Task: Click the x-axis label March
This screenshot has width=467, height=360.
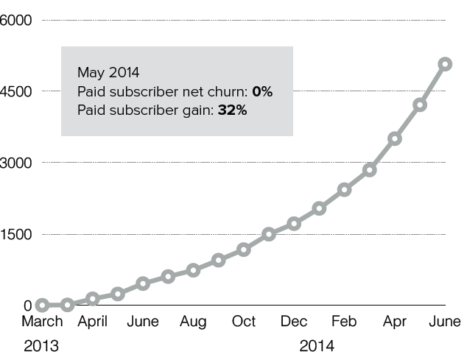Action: [42, 322]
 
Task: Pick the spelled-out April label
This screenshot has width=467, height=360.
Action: [93, 322]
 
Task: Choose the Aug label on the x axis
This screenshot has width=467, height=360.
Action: [193, 322]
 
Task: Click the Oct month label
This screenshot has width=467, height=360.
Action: [244, 322]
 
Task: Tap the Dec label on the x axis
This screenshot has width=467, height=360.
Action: [294, 322]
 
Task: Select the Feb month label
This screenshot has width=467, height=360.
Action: [344, 322]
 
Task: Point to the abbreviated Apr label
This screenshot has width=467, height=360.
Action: [395, 322]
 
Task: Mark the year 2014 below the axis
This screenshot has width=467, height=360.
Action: [317, 345]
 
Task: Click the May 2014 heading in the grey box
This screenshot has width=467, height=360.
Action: [108, 73]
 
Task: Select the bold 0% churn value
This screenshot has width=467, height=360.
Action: [262, 92]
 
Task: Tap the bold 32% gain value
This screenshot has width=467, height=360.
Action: [232, 110]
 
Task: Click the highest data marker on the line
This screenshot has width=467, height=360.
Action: [445, 64]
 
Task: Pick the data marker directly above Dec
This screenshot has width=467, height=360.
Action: [294, 223]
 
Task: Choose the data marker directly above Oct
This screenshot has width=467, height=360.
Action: [244, 250]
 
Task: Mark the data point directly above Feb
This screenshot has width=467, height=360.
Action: [344, 190]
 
